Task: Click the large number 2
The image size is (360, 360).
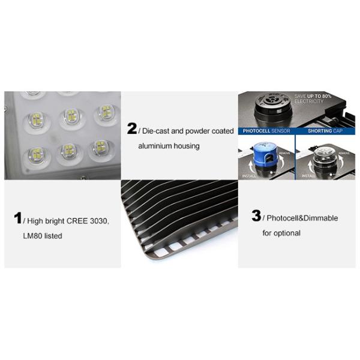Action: (131, 128)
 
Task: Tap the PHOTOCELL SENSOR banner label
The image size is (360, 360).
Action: (266, 130)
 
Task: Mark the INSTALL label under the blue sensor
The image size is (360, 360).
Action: (249, 176)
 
